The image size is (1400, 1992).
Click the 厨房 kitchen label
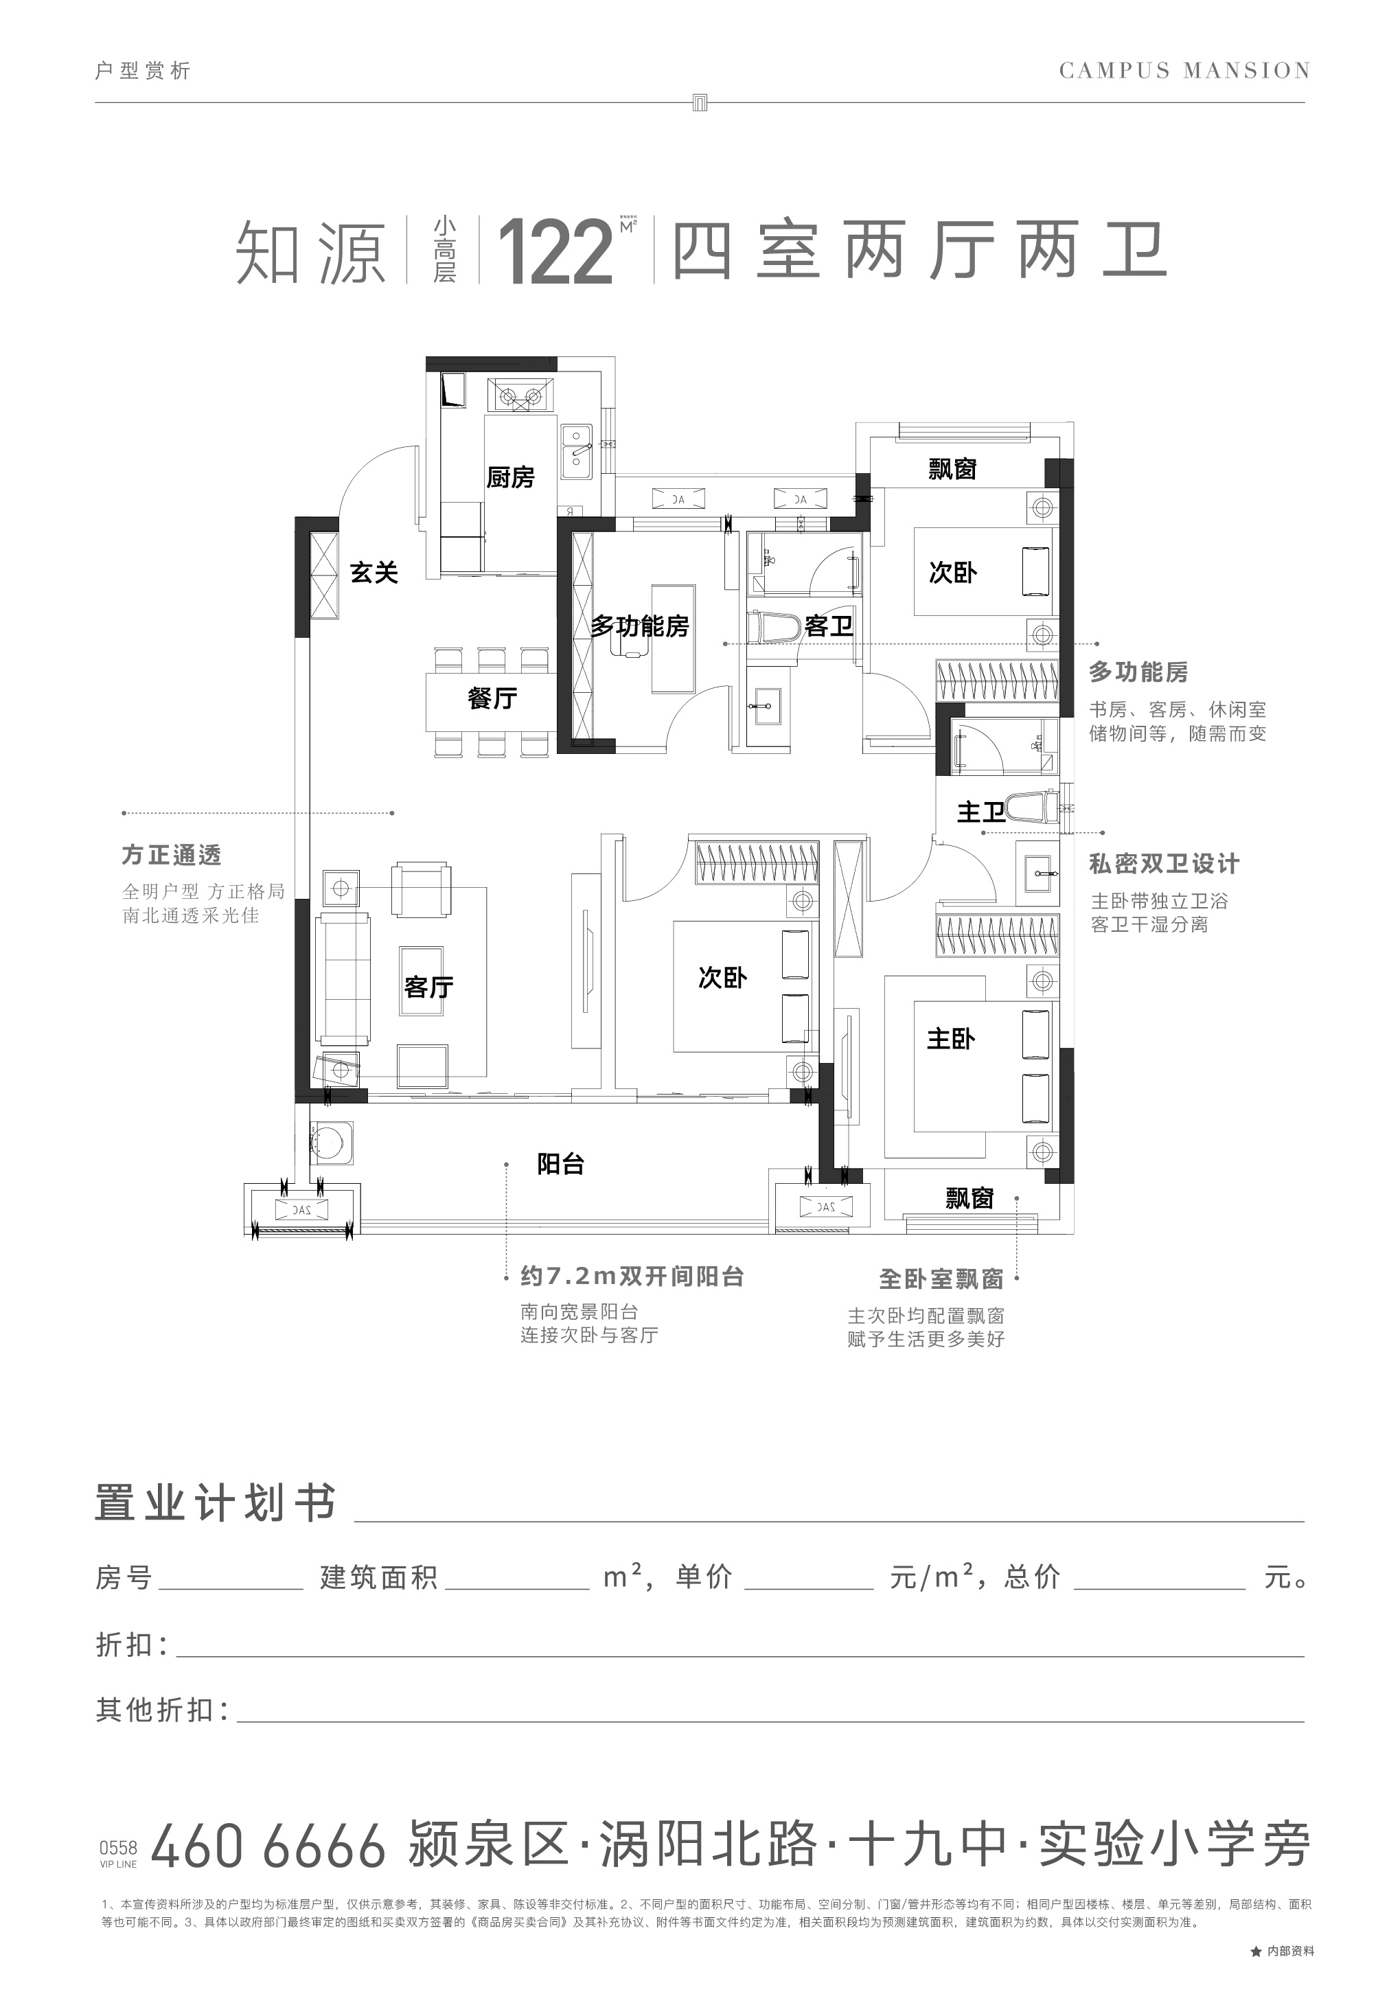coord(510,477)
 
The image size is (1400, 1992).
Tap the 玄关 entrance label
coord(374,573)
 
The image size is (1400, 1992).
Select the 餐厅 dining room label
coord(492,698)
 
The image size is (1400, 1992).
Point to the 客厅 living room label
coord(428,987)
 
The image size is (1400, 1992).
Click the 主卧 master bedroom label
coord(951,1038)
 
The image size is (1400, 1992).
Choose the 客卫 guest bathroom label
coord(828,626)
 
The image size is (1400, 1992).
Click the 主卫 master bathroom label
coord(981,812)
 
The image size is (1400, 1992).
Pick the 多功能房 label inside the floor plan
coord(640,626)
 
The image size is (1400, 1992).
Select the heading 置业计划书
coord(215,1502)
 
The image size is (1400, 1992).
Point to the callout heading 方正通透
coord(172,856)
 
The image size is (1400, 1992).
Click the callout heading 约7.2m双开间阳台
coord(632,1277)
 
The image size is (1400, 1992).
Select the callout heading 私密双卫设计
coord(1164,864)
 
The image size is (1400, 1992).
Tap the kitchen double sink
coord(576,450)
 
